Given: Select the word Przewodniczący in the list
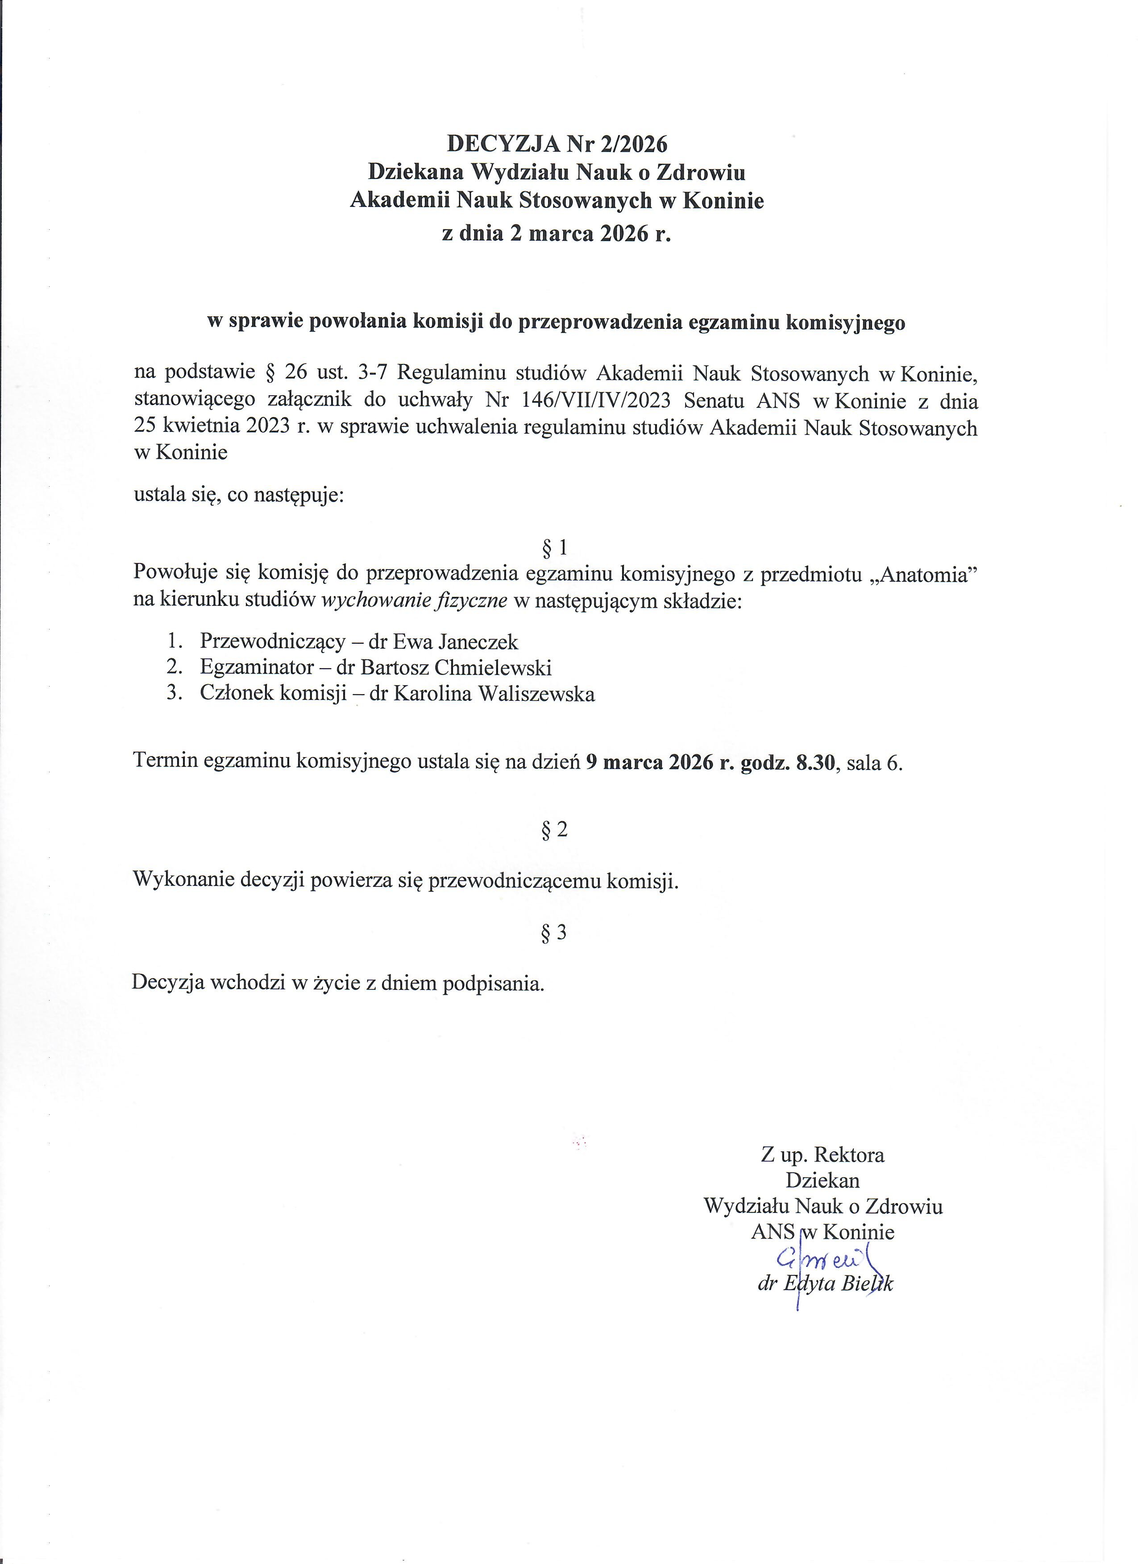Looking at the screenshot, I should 272,642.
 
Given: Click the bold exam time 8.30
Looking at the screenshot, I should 816,763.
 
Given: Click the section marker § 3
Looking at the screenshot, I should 555,932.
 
